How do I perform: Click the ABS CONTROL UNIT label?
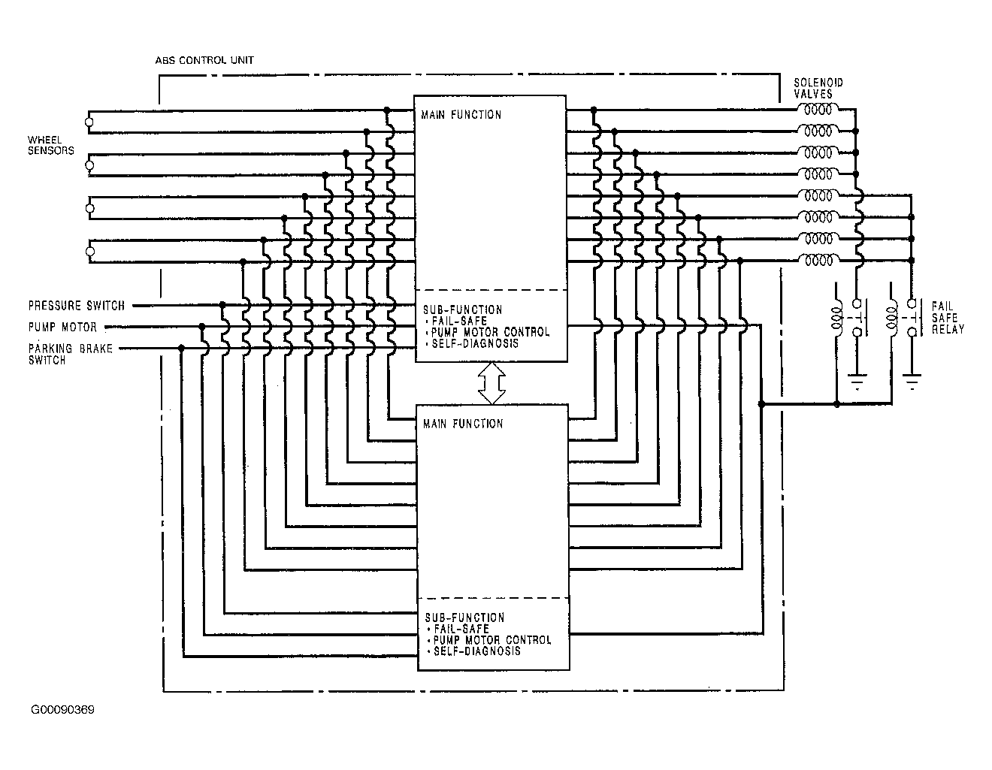(204, 60)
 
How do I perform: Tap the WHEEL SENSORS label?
(50, 145)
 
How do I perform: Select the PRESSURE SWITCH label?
(76, 305)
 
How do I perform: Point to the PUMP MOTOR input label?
(62, 327)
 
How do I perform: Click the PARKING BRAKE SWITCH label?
(71, 354)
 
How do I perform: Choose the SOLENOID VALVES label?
(818, 88)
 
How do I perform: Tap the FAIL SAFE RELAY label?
(948, 318)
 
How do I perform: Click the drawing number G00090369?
(62, 709)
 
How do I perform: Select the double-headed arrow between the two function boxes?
(491, 383)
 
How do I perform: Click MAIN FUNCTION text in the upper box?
(461, 114)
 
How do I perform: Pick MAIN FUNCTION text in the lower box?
(463, 424)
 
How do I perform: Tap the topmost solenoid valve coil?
(818, 110)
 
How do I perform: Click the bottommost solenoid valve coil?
(818, 261)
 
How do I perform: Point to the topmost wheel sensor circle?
(89, 122)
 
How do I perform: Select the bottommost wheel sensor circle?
(90, 252)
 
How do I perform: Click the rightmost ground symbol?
(912, 382)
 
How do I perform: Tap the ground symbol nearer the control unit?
(857, 382)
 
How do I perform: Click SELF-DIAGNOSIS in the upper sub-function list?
(475, 343)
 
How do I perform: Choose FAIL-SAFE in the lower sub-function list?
(461, 629)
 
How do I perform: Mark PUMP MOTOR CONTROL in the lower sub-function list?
(492, 640)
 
